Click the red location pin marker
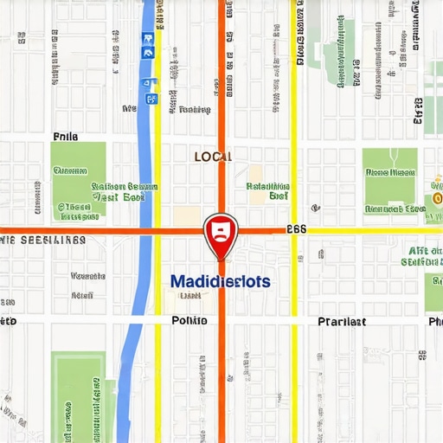pos(220,233)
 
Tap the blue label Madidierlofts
pos(220,282)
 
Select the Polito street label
pos(189,320)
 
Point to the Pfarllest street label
pos(342,321)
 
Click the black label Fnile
pos(65,137)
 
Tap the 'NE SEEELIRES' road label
pos(43,240)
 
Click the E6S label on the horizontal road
pos(296,229)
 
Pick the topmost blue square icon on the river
pos(148,39)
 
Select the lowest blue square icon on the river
pos(153,99)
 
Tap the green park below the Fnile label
pos(78,178)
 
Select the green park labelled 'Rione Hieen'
pos(389,180)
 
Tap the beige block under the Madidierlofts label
pos(185,300)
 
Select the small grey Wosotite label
pos(87,277)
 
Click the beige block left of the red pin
pos(187,216)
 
